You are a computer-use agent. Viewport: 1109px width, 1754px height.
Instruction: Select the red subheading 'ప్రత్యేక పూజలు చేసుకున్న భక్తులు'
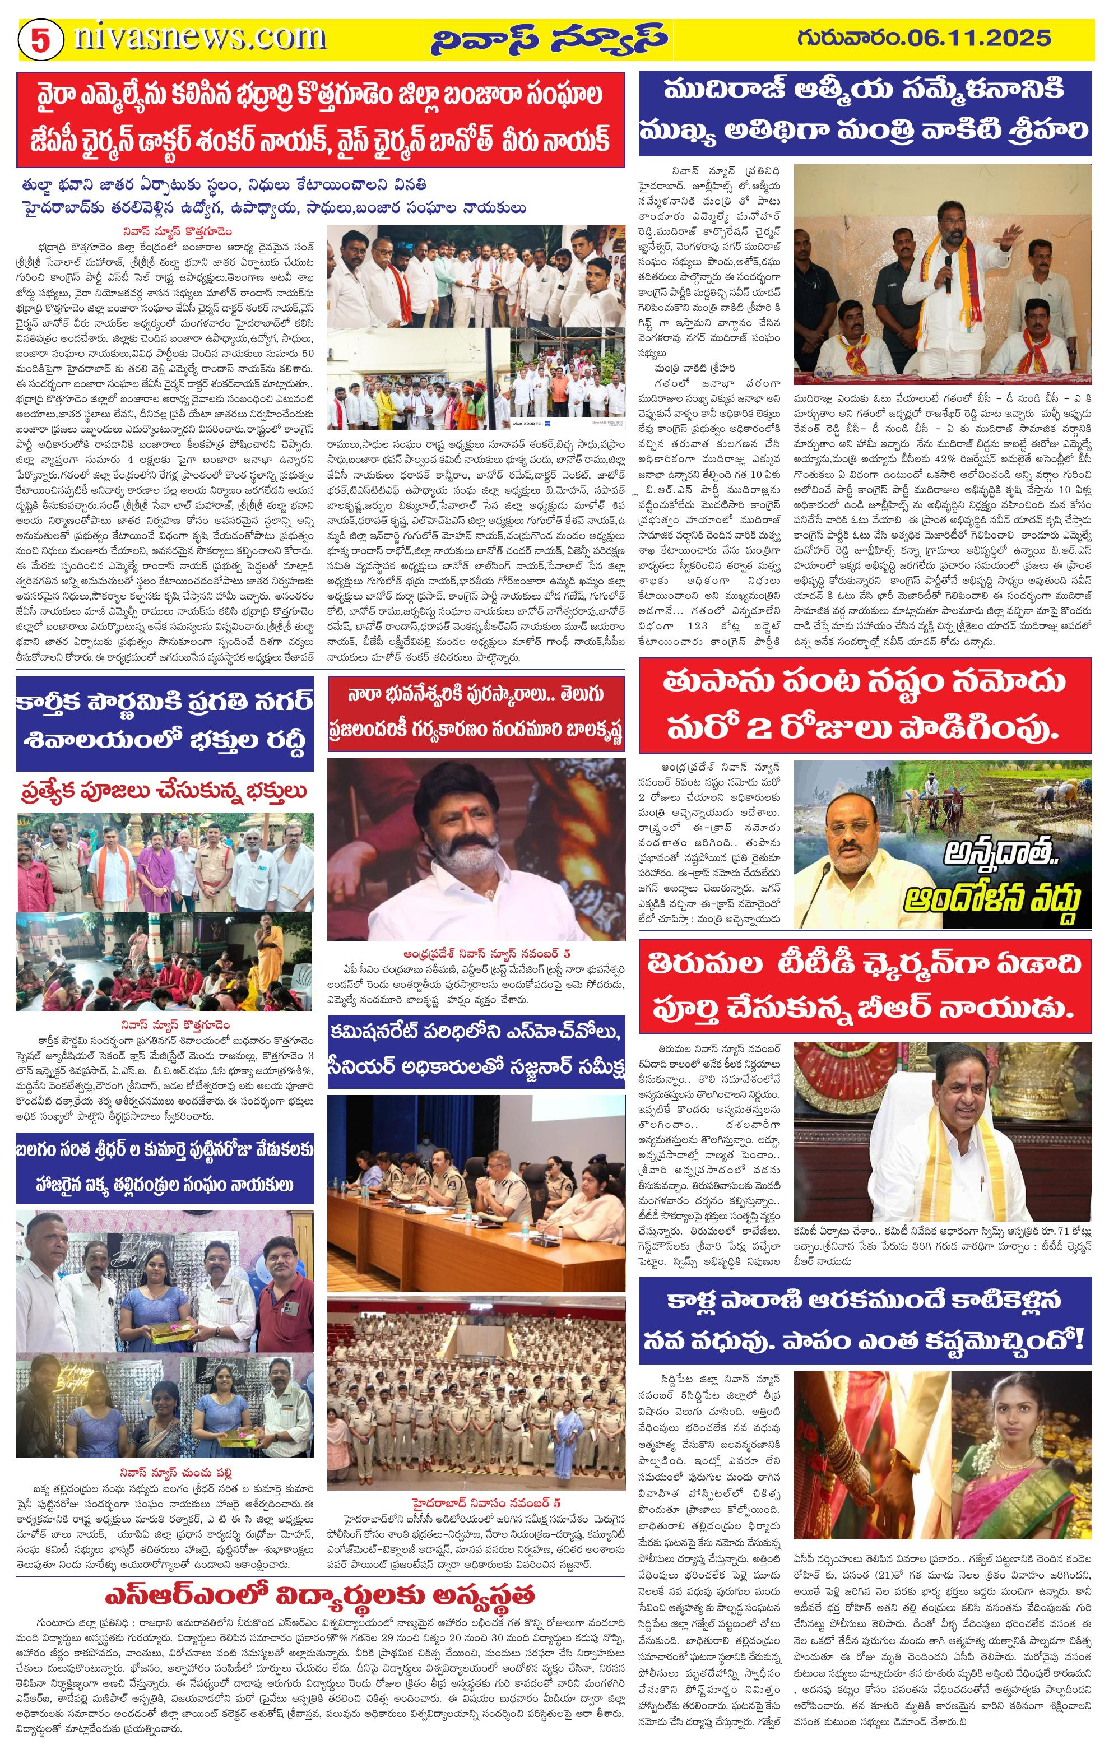(164, 791)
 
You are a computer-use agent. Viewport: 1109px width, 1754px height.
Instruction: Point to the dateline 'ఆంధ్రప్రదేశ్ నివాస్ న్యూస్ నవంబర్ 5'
(477, 953)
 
